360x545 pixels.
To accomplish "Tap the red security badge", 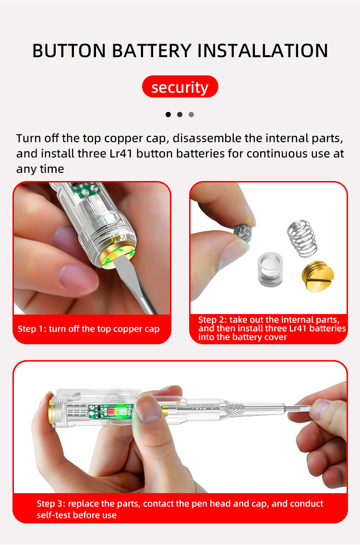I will point(180,87).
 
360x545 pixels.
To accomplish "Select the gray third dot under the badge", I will point(191,114).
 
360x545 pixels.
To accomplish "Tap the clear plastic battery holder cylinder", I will point(270,269).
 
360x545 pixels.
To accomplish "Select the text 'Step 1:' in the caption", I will point(32,329).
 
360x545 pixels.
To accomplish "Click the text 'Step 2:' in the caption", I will point(213,320).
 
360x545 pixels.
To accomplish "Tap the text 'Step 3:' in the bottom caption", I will point(51,504).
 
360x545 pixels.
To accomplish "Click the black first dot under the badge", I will point(168,114).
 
